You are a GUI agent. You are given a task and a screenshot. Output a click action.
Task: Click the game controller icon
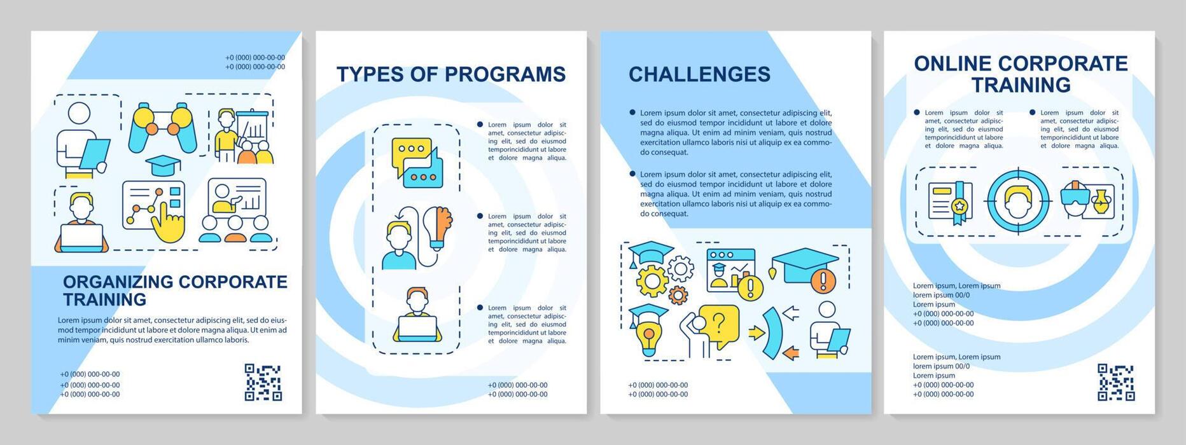[162, 128]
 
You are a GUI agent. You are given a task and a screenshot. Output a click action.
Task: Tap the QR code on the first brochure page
[263, 382]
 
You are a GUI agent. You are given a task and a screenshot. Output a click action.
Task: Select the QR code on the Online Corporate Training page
[1115, 382]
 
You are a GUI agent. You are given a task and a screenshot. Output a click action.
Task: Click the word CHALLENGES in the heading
[699, 74]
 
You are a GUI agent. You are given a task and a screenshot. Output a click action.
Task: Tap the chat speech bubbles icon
[417, 163]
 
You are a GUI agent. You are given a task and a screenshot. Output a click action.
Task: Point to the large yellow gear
[652, 280]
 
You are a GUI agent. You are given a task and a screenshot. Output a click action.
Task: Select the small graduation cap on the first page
[163, 165]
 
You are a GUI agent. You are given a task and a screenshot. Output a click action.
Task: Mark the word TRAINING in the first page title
[104, 299]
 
